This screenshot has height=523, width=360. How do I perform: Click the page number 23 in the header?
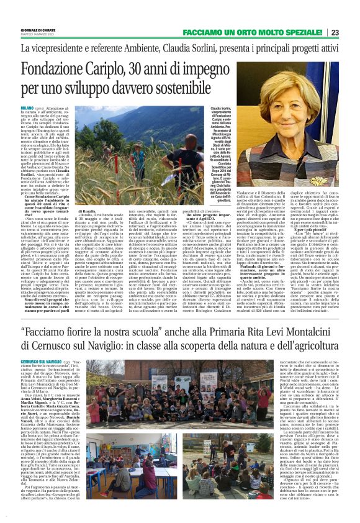click(x=351, y=32)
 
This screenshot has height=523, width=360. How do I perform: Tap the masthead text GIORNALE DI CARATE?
click(x=43, y=30)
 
